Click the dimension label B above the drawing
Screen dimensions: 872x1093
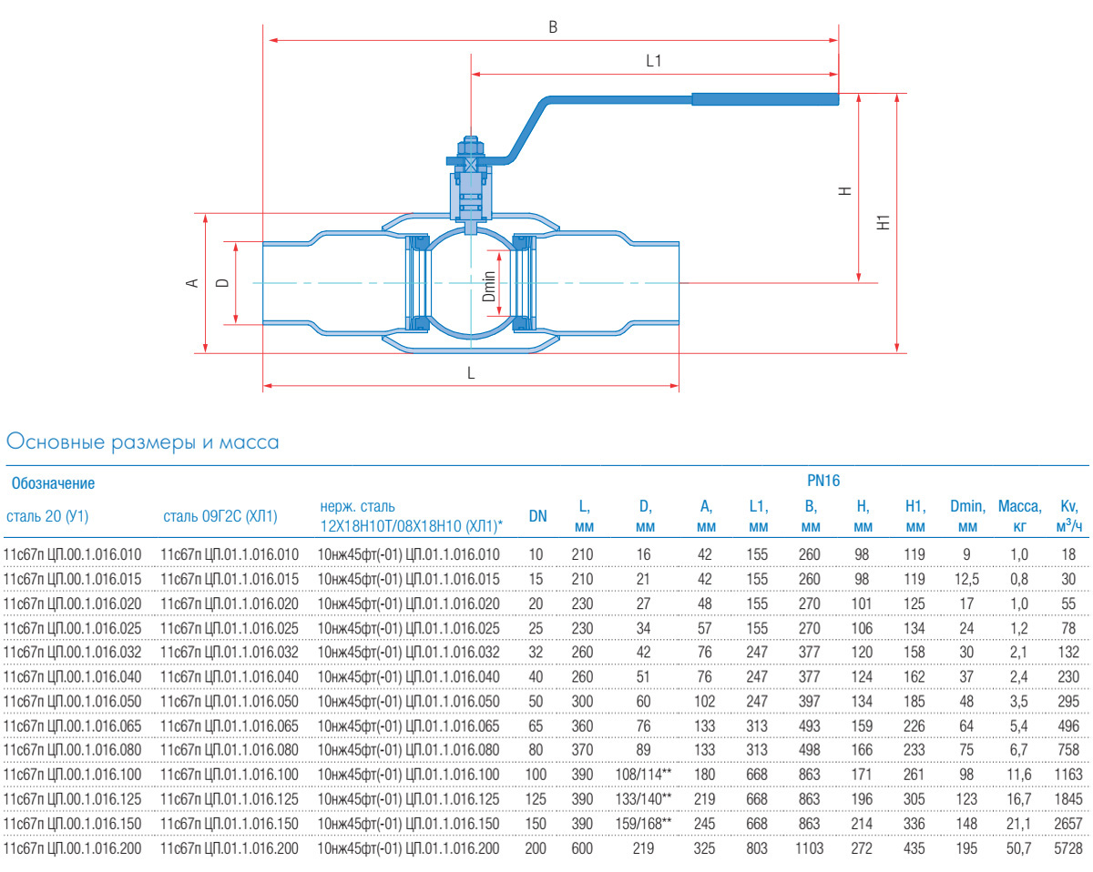552,27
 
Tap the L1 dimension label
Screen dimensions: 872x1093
653,62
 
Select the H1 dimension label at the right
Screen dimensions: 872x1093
882,222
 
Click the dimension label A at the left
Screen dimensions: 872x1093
192,283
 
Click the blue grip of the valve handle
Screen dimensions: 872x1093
764,98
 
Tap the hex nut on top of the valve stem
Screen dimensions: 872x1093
470,148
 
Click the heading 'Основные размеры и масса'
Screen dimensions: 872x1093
142,443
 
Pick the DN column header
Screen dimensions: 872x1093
538,517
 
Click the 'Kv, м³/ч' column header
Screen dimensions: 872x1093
1068,516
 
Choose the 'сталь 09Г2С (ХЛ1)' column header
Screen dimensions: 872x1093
220,517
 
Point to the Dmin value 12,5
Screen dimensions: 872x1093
967,579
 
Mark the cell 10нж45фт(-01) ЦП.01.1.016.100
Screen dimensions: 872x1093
408,773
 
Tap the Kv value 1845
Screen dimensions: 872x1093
1069,798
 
